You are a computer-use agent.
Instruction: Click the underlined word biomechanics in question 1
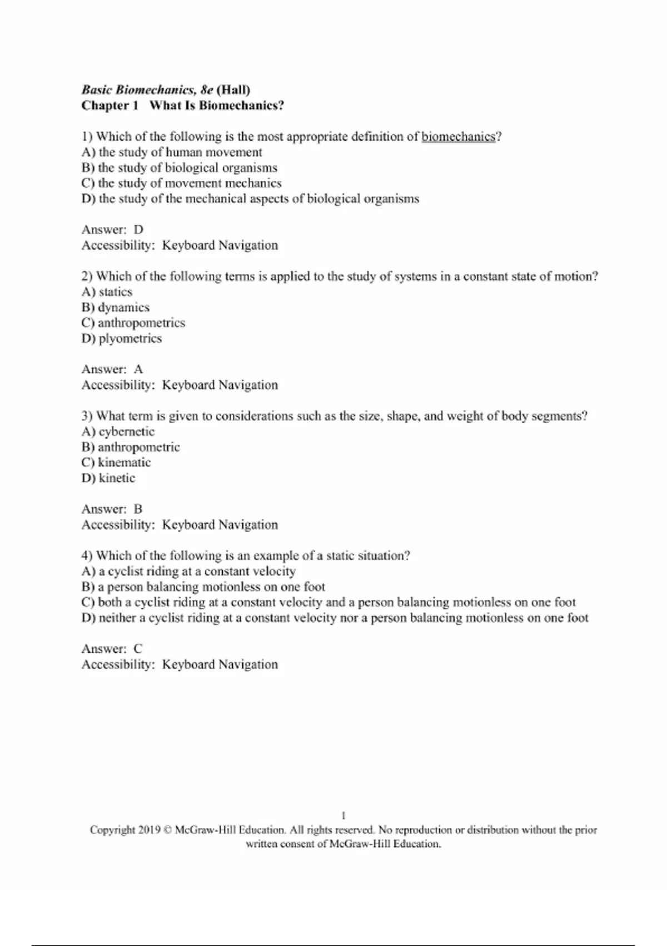458,137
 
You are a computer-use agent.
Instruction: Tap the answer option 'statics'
115,292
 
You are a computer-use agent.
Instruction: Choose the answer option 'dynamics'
123,308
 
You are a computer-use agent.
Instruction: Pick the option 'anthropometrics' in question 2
141,323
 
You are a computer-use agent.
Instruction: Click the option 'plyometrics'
130,339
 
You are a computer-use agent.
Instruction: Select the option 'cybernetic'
126,432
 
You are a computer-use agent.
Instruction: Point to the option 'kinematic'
124,462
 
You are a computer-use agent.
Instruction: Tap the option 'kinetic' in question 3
117,478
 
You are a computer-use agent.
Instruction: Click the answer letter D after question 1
138,230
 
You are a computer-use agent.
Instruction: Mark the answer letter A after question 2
138,369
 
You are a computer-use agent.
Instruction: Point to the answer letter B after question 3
138,509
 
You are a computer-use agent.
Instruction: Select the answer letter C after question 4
138,649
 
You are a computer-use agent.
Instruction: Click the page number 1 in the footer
344,816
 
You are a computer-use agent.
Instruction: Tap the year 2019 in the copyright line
150,830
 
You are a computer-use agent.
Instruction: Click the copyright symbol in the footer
168,830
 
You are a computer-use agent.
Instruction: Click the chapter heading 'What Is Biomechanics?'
217,106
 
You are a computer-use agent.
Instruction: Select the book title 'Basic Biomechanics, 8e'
147,90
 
